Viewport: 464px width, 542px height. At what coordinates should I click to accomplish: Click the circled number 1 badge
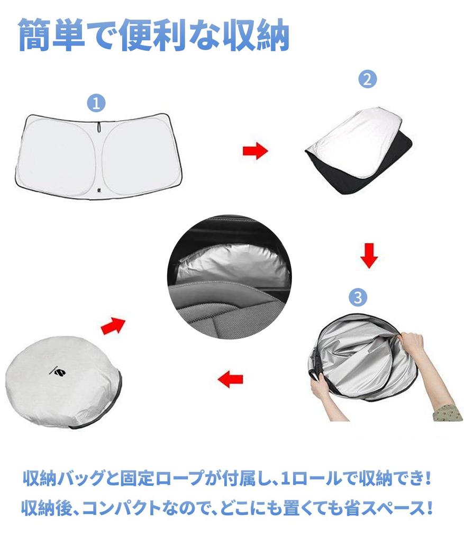(96, 103)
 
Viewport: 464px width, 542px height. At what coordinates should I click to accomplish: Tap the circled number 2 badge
(367, 79)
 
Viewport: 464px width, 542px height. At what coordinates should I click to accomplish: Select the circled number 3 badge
(358, 297)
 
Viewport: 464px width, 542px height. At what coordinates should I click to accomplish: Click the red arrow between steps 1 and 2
(256, 151)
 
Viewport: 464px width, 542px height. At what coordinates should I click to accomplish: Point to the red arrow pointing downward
(369, 256)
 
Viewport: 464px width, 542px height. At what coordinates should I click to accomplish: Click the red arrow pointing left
(231, 379)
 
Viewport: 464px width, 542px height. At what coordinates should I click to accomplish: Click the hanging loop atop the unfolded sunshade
(99, 127)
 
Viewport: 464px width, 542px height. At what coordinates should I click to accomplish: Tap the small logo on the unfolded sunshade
(99, 191)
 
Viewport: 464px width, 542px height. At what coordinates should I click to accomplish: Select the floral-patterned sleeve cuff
(449, 412)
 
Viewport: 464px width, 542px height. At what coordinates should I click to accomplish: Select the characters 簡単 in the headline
(52, 35)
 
